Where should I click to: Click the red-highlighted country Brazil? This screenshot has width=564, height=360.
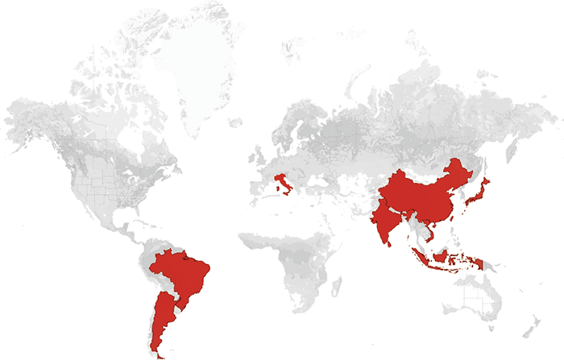(x=184, y=274)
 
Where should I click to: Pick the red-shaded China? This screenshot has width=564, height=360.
(x=419, y=193)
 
